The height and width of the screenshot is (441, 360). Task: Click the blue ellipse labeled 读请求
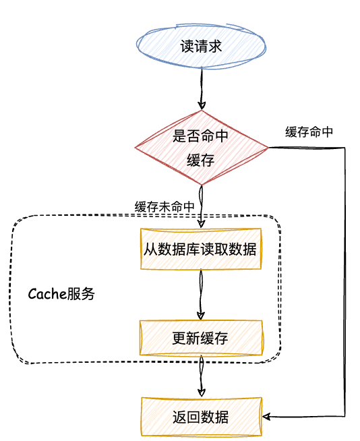click(x=201, y=46)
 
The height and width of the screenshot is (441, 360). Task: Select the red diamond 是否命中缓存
click(x=202, y=148)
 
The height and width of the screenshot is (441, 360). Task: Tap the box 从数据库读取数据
click(x=201, y=249)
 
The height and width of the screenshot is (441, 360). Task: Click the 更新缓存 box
click(x=201, y=338)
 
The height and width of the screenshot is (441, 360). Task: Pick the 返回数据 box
click(x=202, y=417)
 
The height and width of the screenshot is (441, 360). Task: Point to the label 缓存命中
click(x=309, y=132)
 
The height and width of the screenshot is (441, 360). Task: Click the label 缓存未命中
click(x=164, y=207)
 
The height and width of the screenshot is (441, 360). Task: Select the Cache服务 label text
click(x=61, y=294)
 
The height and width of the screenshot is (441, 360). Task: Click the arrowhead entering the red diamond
click(x=202, y=106)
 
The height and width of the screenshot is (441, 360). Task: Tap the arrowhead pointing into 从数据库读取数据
click(x=201, y=224)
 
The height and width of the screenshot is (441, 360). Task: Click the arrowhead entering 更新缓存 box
click(x=201, y=316)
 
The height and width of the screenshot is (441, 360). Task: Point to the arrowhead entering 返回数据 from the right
click(x=266, y=417)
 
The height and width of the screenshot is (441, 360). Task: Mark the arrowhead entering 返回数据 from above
click(x=202, y=392)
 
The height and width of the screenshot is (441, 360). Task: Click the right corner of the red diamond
click(x=268, y=148)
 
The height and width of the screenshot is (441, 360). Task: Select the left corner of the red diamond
click(x=136, y=148)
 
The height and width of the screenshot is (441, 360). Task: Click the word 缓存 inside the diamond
click(x=200, y=160)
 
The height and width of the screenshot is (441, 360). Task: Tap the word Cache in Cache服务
click(x=47, y=294)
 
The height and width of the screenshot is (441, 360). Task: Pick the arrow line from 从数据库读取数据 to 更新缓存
click(x=201, y=295)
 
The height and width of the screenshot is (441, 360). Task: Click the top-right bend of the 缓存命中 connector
click(x=344, y=148)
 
